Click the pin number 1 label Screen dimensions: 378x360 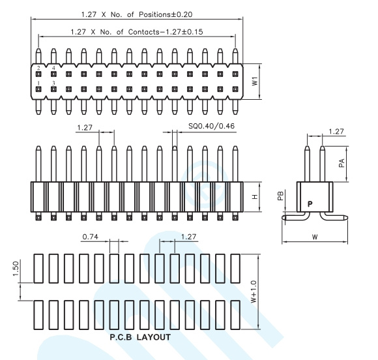[38, 83]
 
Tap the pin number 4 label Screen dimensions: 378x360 [53, 68]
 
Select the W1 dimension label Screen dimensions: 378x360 [255, 82]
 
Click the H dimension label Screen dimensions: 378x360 [255, 197]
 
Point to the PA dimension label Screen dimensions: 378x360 [342, 163]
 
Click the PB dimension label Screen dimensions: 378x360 [280, 196]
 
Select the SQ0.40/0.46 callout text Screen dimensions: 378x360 [211, 126]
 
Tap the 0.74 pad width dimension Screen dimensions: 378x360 [90, 237]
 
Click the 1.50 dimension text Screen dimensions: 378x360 [16, 269]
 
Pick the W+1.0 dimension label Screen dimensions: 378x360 [254, 292]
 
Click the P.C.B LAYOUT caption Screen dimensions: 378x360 [140, 337]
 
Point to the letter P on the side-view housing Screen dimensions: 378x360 [310, 204]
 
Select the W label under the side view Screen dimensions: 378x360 [315, 237]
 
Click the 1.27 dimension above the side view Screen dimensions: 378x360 [336, 132]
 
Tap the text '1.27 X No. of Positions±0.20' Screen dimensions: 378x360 [137, 14]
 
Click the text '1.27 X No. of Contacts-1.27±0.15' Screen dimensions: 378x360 [137, 32]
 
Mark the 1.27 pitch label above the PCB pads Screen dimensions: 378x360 [188, 237]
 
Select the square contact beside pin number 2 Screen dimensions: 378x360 [38, 74]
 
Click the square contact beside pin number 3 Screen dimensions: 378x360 [53, 89]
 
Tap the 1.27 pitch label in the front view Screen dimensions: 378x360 [85, 127]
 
